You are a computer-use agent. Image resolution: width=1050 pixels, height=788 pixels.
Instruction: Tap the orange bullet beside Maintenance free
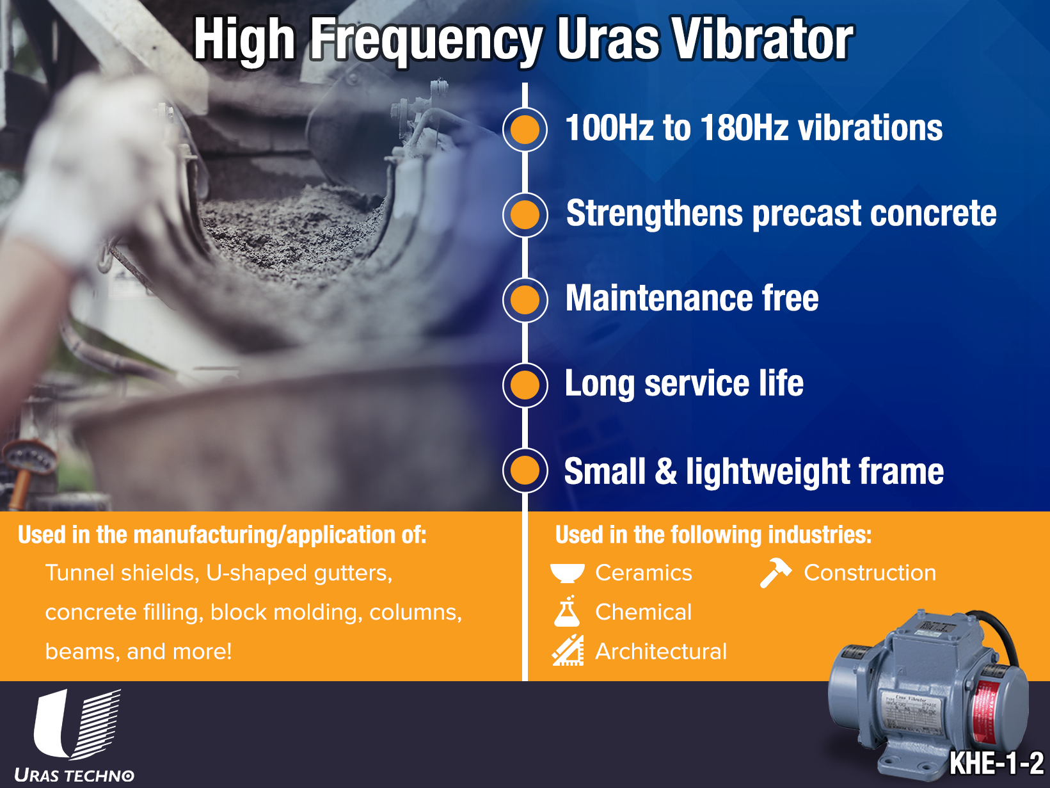click(525, 300)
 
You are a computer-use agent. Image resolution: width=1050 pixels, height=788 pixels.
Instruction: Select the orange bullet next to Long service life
click(525, 385)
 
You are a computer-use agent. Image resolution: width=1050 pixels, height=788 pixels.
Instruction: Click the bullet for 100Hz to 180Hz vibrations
click(525, 130)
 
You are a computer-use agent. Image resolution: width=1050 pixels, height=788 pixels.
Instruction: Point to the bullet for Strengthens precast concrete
click(525, 215)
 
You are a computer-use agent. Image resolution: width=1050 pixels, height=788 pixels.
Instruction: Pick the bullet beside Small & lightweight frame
click(525, 470)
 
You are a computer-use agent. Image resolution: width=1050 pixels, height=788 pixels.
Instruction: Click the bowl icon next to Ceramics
click(568, 573)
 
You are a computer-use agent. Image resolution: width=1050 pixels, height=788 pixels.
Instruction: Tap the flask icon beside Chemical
click(567, 611)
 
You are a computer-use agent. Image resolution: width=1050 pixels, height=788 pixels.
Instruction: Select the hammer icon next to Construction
click(776, 572)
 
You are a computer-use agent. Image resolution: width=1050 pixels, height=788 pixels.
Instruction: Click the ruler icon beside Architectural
click(568, 650)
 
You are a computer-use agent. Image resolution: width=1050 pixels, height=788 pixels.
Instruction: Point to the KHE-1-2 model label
click(996, 762)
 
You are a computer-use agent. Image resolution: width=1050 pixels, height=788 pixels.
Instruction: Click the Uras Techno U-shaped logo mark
click(77, 725)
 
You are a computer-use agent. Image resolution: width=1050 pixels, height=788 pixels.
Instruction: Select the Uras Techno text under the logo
click(74, 775)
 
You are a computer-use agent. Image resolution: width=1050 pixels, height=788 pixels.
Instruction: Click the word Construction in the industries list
click(870, 573)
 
